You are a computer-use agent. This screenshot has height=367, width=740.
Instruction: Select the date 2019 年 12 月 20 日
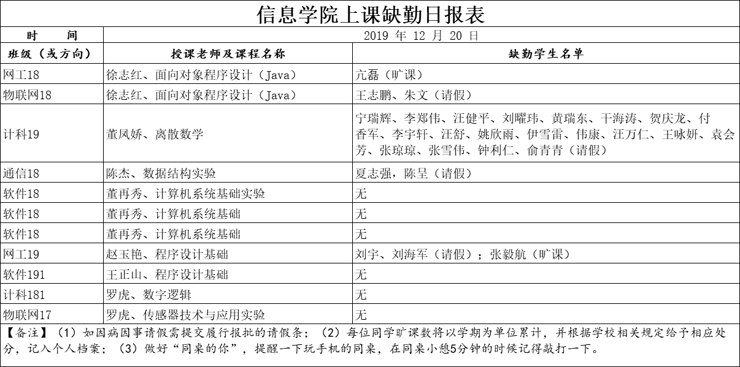pos(421,36)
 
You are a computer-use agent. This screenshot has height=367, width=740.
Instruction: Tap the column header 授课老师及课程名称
pos(228,54)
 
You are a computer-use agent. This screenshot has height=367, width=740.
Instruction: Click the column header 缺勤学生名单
pos(545,54)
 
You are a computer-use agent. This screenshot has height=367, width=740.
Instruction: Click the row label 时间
pos(52,36)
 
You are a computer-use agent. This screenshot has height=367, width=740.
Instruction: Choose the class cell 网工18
pos(21,75)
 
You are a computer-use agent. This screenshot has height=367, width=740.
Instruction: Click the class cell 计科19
pos(21,135)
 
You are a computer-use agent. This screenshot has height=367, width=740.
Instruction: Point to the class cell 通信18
pos(21,174)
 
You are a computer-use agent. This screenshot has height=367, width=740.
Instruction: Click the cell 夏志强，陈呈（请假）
pos(414,174)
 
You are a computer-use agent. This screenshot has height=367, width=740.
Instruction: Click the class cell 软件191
pos(24,274)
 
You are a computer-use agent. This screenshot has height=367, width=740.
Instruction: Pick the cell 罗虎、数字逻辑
pos(148,295)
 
